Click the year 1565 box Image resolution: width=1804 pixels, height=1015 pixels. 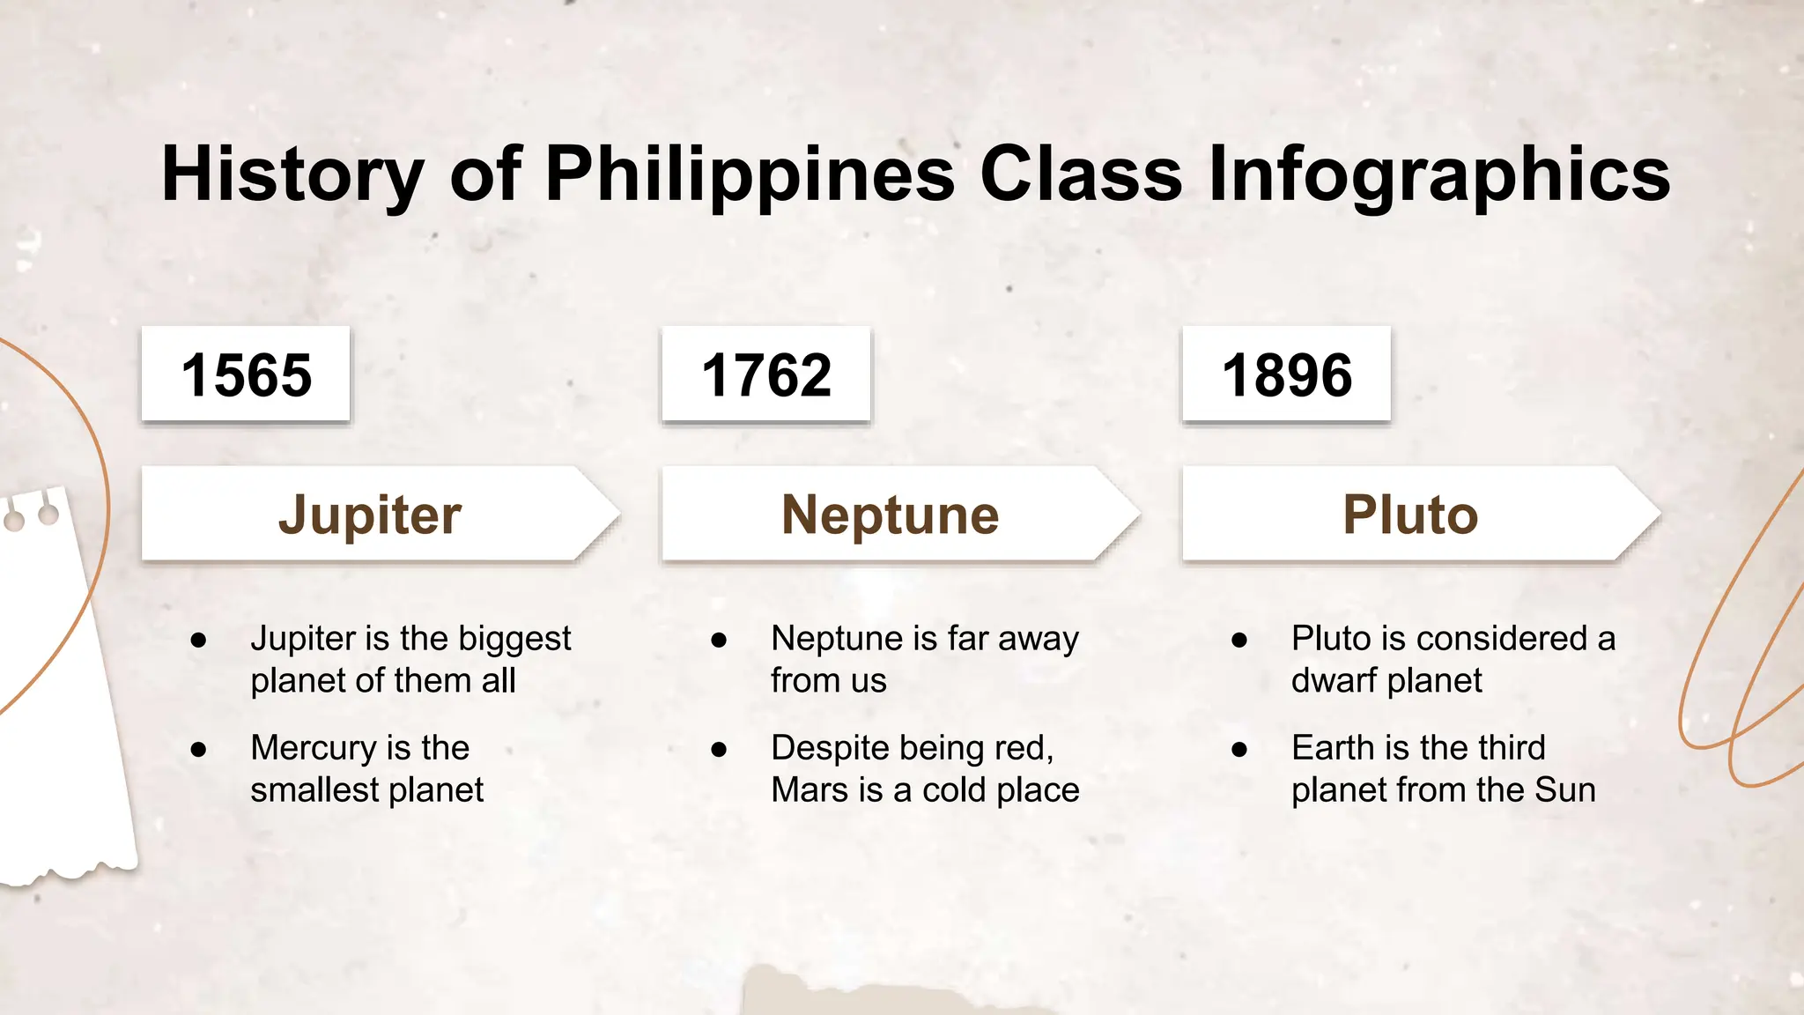click(246, 374)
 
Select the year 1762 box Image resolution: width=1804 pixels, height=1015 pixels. click(765, 374)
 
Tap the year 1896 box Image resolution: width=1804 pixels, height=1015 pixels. click(1286, 374)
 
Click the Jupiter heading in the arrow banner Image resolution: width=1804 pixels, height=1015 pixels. click(370, 515)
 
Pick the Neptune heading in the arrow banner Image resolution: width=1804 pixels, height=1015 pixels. click(890, 515)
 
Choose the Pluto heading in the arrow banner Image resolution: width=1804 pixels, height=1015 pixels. click(1410, 515)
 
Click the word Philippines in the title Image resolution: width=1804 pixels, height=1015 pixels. click(750, 174)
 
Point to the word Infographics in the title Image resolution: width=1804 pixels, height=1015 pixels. click(1438, 174)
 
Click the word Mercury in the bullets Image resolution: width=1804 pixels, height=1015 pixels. click(312, 749)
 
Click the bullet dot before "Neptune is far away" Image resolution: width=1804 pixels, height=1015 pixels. click(719, 641)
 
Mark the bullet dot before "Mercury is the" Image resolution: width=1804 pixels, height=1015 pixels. click(198, 750)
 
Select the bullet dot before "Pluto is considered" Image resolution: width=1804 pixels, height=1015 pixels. click(1239, 641)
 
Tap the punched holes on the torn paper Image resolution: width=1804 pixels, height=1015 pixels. click(32, 516)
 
